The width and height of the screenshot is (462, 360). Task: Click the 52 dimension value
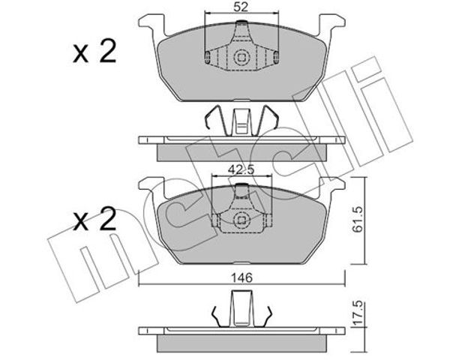point(241,7)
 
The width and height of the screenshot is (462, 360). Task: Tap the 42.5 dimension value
point(241,170)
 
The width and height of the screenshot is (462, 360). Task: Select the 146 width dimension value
point(241,277)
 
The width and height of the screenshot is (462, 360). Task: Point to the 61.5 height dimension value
point(358,220)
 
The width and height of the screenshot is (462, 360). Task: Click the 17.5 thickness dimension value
point(358,313)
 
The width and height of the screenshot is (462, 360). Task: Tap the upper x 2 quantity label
point(94,52)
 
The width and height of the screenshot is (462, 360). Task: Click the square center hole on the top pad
point(241,57)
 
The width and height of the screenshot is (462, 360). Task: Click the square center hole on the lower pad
point(241,220)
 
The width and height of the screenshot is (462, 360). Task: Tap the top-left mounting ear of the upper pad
point(151,24)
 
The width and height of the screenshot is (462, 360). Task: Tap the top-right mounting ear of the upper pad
point(332,24)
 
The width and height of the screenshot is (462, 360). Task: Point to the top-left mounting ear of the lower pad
point(151,187)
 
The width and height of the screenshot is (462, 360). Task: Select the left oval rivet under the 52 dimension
point(207,57)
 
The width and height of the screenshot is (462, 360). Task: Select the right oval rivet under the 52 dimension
point(276,57)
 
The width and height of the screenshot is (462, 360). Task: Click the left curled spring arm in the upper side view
point(216,118)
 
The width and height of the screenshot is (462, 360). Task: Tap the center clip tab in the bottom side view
point(241,308)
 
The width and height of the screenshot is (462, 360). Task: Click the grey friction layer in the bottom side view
point(241,343)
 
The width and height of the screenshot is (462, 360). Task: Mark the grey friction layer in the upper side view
point(241,152)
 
